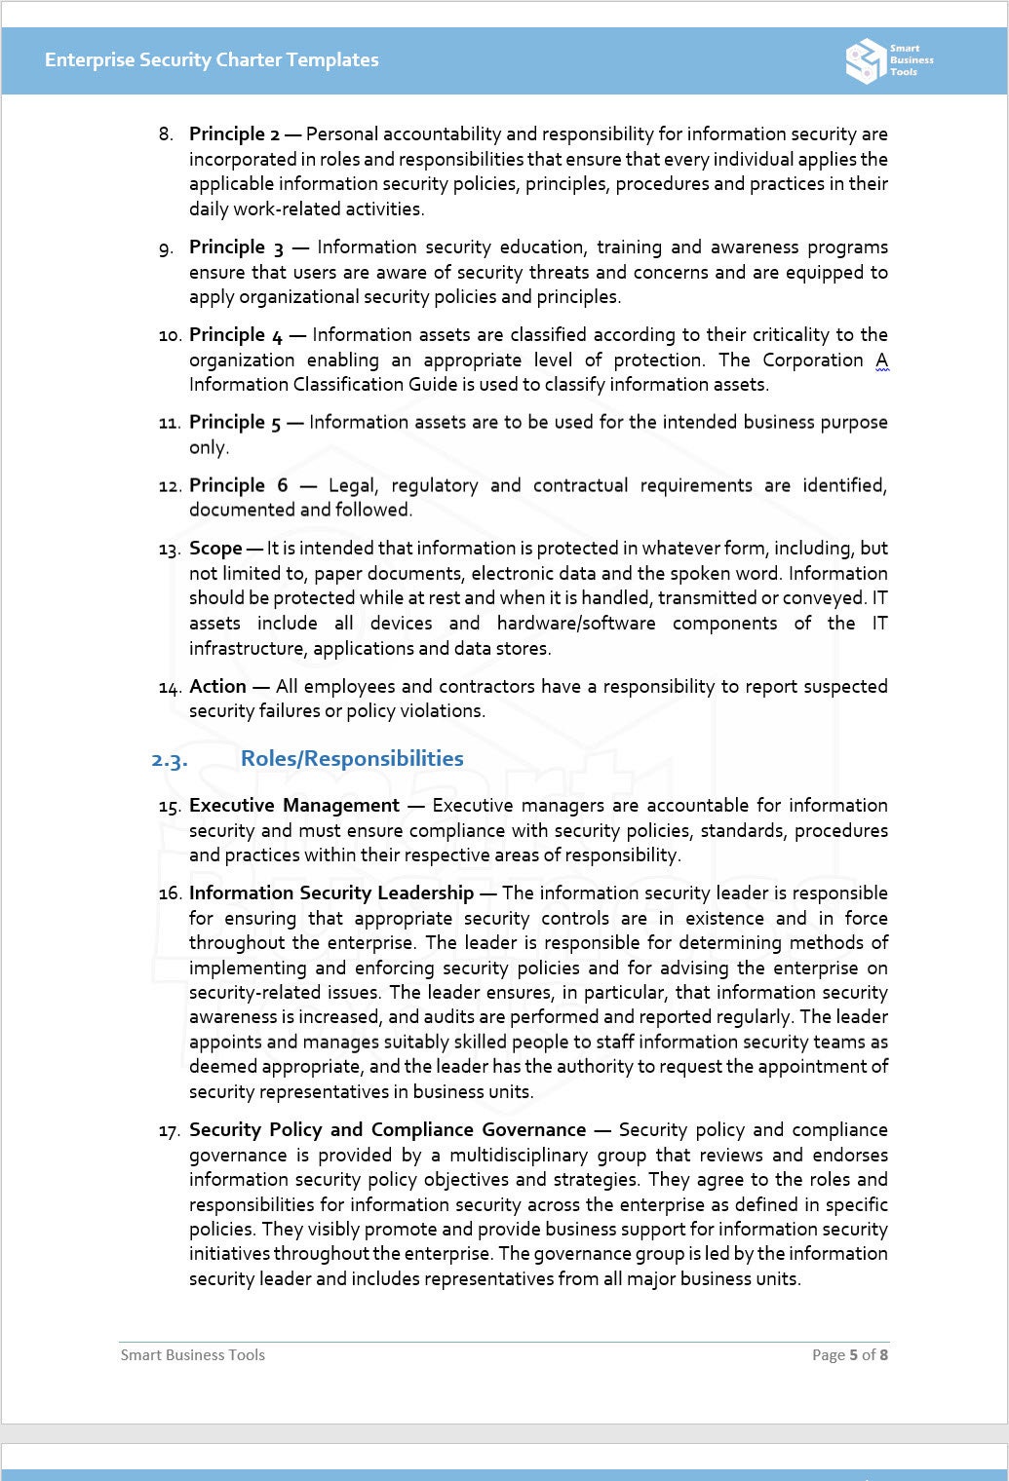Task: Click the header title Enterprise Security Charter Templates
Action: coord(212,59)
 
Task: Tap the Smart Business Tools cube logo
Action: coord(865,60)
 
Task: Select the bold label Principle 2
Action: coord(234,133)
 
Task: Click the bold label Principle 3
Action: coord(237,247)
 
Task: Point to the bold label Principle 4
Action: coord(236,335)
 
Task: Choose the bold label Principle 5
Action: coord(235,423)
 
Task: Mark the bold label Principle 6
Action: coord(238,485)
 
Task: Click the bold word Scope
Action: coord(215,549)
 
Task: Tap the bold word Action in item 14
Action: coord(217,686)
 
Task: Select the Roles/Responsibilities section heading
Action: coord(352,758)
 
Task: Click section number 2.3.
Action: coord(169,759)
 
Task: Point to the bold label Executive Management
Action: coord(293,806)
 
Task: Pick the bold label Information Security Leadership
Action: coord(330,893)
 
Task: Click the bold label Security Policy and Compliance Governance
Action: coord(387,1130)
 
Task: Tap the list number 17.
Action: coord(169,1131)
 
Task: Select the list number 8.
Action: coord(166,134)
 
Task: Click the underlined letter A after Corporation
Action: coord(881,361)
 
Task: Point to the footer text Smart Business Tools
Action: coord(193,1354)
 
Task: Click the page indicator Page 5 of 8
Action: coord(849,1354)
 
